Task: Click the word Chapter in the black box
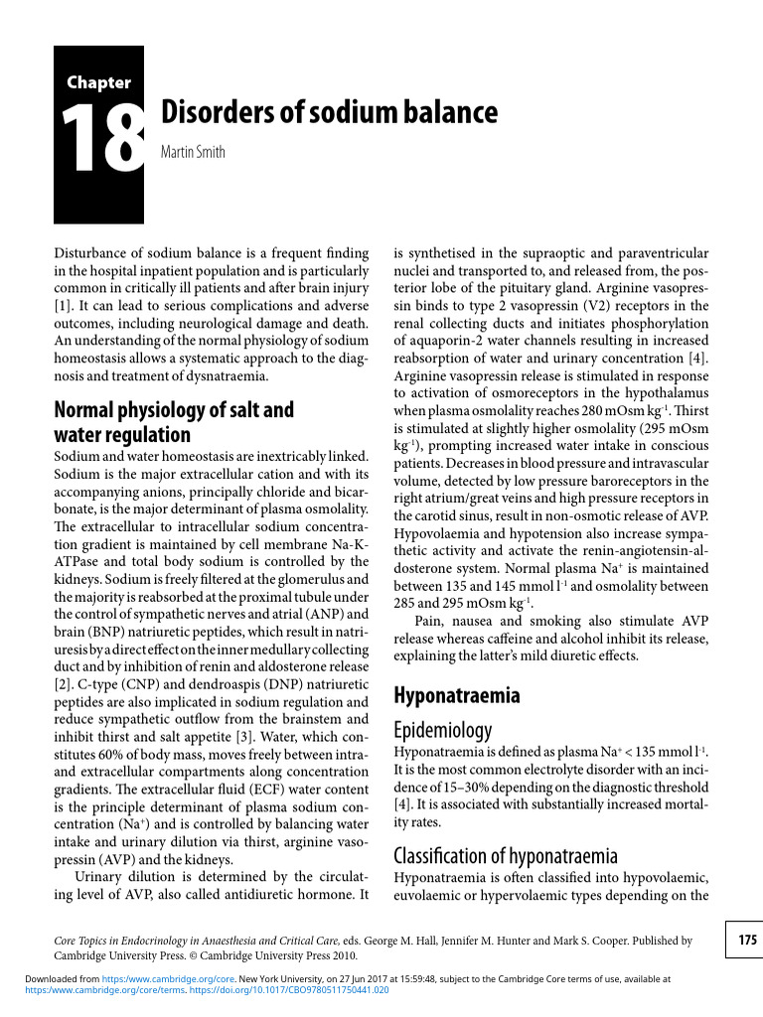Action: pos(98,82)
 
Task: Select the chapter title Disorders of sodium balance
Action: pos(329,111)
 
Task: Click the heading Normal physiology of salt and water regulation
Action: pos(173,422)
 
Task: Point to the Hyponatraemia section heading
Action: pos(456,694)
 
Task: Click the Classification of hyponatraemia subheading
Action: pos(506,855)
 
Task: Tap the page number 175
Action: pos(747,940)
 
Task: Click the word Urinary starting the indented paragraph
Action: pos(99,876)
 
